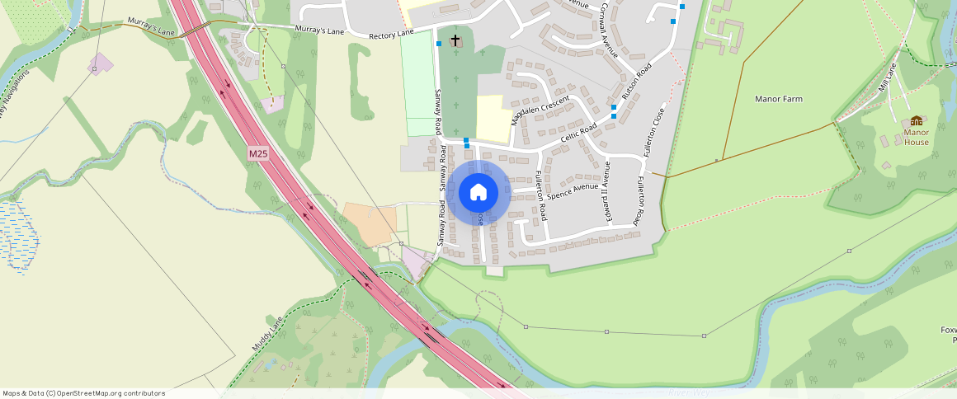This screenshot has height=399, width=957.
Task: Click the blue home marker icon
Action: (478, 192)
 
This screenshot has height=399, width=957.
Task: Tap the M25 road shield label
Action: (258, 153)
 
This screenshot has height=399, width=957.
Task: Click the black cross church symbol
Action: (455, 40)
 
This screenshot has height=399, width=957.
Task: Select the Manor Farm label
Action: (779, 99)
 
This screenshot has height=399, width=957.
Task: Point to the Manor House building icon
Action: (916, 121)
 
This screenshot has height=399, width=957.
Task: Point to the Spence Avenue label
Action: (573, 192)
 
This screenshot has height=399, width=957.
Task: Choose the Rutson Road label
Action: (636, 82)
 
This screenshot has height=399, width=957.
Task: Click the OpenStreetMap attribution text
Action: (83, 393)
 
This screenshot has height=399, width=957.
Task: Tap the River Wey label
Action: (688, 392)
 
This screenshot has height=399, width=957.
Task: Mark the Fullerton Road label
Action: (540, 195)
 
